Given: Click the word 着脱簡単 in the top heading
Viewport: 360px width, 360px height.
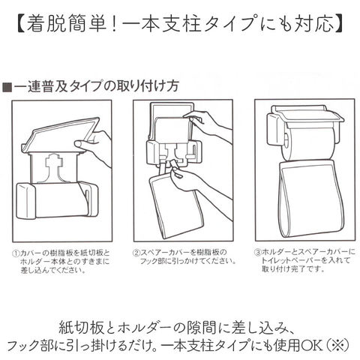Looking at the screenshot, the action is [67, 24].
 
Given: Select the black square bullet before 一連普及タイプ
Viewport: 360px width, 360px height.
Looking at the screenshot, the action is [7, 87].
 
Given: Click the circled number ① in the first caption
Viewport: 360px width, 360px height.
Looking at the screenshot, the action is [16, 253].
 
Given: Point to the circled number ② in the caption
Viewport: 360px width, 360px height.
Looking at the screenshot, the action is [136, 253].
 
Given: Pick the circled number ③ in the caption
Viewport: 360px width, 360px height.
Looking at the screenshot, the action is [257, 252].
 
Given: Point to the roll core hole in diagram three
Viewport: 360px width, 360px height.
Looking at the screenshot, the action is [286, 142].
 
